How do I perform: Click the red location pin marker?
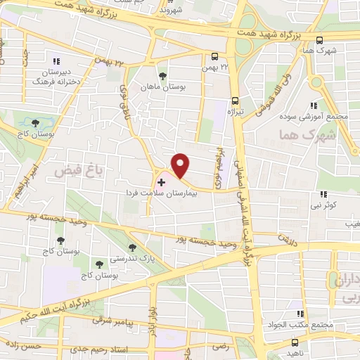point(181,166)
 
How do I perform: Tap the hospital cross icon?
point(161,182)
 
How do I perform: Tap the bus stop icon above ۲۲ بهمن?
point(214,56)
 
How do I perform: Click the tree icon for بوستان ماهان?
point(163,75)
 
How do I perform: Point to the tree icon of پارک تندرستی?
point(132,248)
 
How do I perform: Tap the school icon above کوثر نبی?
point(323,193)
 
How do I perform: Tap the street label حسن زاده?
point(21,347)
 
